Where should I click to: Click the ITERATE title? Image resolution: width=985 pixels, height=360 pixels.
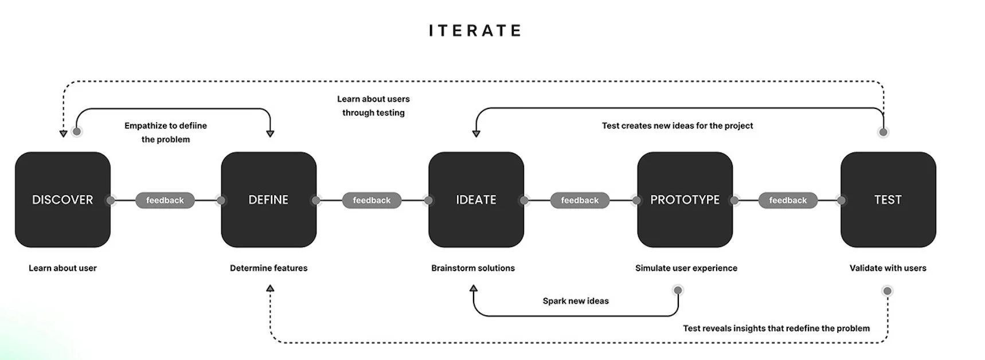point(475,30)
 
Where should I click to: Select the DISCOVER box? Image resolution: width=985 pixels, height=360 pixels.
point(62,199)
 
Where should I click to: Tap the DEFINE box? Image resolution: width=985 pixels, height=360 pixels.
point(268,199)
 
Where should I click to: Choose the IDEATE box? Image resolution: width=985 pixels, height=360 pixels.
point(476,199)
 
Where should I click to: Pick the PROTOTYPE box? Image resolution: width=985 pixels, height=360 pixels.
point(685,199)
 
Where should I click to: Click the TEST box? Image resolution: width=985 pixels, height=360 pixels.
point(888,199)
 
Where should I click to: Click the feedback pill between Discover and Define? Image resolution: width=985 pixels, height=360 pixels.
point(165,200)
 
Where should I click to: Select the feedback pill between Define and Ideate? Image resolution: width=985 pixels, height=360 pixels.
point(372,200)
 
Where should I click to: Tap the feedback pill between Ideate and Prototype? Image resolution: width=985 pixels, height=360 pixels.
point(580,200)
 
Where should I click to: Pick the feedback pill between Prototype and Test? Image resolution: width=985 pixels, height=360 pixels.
point(788,200)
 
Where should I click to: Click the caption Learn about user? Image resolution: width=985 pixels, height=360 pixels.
point(62,268)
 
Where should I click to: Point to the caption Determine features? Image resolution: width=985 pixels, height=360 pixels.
point(268,268)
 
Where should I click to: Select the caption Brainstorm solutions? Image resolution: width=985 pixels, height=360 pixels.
point(473,268)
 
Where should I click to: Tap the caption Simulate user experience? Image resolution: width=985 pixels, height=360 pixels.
point(686,268)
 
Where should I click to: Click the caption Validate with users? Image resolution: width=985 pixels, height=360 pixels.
point(888,268)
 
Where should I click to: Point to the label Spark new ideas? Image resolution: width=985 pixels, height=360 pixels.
point(576,301)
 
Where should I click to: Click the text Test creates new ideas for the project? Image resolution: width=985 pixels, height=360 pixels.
point(677,126)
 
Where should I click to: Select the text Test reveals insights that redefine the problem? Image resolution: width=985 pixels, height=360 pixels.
point(776,328)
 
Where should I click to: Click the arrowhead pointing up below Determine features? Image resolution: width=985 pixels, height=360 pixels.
point(270,289)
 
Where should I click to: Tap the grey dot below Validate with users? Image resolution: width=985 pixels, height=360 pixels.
point(888,291)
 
